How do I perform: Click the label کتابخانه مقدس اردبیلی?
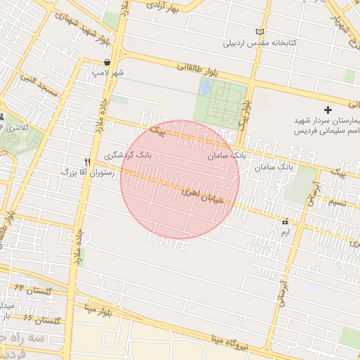pyautogui.click(x=260, y=43)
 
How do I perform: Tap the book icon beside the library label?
pyautogui.click(x=261, y=32)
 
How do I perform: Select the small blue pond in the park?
pyautogui.click(x=206, y=88)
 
